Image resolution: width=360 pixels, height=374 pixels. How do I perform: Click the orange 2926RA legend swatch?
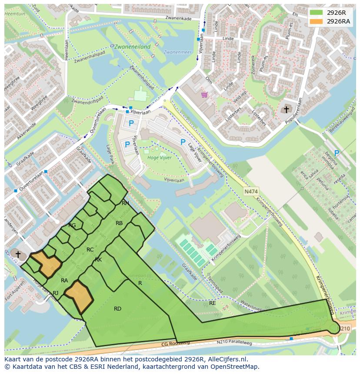coord(317,21)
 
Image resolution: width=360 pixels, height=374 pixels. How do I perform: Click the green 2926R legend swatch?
coord(317,13)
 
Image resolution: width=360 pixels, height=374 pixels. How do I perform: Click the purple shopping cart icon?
coord(204,94)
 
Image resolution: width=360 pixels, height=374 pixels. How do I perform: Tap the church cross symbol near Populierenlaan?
coord(286,109)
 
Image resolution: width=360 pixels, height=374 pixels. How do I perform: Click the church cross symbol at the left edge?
coord(18,253)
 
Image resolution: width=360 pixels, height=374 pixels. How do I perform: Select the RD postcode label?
coord(117,309)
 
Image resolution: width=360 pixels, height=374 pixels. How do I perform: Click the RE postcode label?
coord(212,303)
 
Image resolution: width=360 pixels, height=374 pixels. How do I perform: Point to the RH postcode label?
coord(125,203)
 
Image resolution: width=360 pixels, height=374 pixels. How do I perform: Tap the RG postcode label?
coord(72,225)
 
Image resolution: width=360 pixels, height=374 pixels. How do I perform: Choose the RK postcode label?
coord(98,259)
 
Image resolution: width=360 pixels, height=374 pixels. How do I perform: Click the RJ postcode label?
coord(55,293)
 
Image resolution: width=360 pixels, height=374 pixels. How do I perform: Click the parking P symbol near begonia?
coord(337,153)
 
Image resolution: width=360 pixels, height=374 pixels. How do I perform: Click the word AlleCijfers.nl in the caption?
coord(227,359)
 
